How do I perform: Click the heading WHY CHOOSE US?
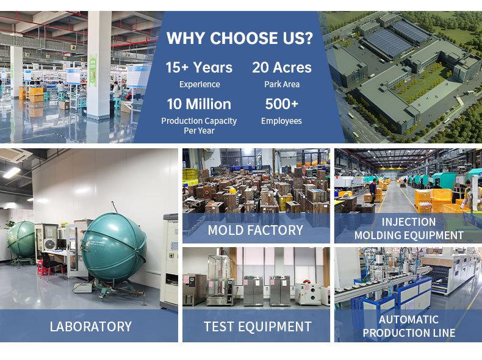click(239, 38)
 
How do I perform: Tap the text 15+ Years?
click(199, 67)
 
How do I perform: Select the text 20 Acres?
click(282, 67)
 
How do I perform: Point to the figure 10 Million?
click(199, 104)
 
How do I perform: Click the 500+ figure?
click(282, 104)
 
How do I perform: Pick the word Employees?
click(281, 121)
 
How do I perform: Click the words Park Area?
click(282, 84)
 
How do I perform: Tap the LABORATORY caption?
click(91, 326)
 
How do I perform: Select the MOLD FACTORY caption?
click(256, 230)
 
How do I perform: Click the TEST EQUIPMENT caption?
click(257, 326)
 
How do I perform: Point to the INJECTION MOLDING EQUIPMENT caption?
click(409, 228)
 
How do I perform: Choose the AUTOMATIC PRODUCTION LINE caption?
click(409, 326)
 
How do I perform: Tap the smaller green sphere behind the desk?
click(21, 239)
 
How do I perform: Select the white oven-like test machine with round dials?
click(308, 294)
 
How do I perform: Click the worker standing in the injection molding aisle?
click(373, 191)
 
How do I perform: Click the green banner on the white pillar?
click(93, 71)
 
